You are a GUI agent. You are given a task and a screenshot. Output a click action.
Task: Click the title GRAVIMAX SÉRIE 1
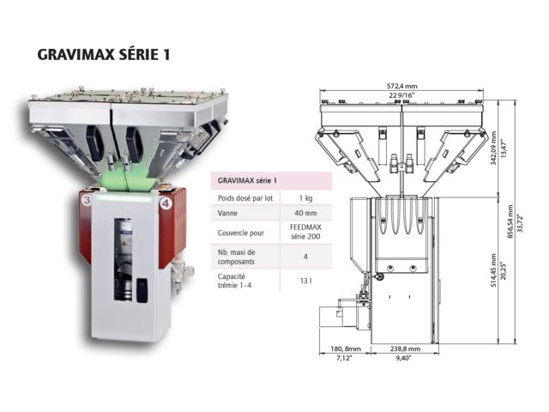(104, 55)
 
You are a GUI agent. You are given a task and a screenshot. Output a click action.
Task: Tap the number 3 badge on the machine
(87, 201)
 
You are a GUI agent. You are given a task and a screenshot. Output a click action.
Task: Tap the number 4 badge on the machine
(166, 203)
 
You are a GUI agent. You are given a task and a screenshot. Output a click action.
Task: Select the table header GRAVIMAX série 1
(247, 181)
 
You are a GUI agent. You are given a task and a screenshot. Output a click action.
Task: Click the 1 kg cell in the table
(305, 198)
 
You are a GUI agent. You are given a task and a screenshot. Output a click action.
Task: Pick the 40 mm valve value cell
(305, 213)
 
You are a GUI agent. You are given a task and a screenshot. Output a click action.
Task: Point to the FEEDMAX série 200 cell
(305, 232)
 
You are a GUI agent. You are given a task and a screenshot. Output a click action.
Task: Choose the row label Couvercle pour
(241, 233)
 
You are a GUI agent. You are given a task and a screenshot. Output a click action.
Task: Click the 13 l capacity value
(305, 281)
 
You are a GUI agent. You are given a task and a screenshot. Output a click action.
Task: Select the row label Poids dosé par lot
(245, 198)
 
